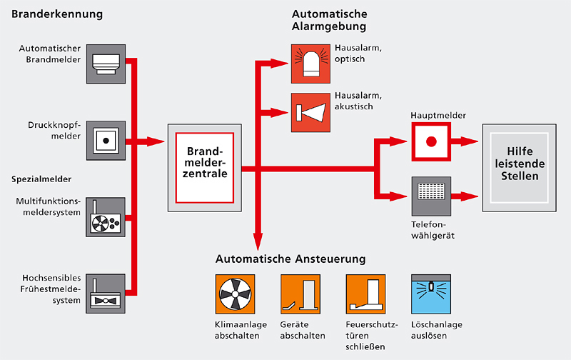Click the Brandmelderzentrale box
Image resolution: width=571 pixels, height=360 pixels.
(205, 167)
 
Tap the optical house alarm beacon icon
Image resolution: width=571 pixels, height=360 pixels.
(310, 63)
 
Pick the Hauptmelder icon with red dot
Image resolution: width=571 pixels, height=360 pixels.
(430, 141)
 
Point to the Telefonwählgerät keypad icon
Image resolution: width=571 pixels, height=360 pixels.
(430, 194)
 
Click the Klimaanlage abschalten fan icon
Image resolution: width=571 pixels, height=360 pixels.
(234, 294)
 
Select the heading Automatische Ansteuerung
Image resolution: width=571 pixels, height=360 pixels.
(290, 257)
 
